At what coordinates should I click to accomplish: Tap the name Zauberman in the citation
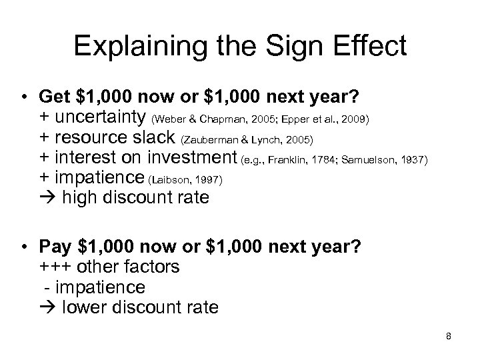(211, 140)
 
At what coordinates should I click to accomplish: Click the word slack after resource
(157, 139)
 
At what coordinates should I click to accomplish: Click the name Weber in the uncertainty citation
(169, 120)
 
